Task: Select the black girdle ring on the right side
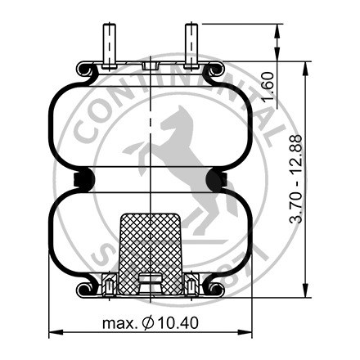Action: (219, 178)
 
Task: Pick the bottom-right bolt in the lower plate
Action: (191, 286)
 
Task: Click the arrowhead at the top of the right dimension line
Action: (281, 29)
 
